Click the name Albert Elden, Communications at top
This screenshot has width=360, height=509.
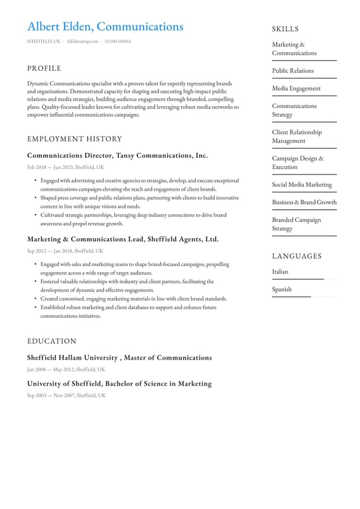tap(105, 27)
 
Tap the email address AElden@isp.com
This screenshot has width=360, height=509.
tap(82, 41)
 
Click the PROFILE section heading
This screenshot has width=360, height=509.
tap(44, 68)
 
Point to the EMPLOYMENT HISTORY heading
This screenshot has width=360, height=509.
tap(75, 139)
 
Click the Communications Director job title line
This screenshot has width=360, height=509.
tap(117, 155)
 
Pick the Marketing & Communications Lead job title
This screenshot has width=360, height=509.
tap(123, 239)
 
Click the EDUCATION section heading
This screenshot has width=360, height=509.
tap(52, 341)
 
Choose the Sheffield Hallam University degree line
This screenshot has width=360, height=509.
tap(119, 357)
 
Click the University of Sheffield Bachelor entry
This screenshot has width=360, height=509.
tap(119, 383)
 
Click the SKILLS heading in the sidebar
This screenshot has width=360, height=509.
tap(285, 29)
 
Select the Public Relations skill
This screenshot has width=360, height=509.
tap(293, 71)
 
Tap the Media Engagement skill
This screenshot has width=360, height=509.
tap(297, 88)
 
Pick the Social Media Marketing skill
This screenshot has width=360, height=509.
tap(301, 184)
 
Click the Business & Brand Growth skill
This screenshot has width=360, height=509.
tap(305, 202)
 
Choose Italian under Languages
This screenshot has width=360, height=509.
tap(280, 271)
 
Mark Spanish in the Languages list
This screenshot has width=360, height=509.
tap(282, 289)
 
